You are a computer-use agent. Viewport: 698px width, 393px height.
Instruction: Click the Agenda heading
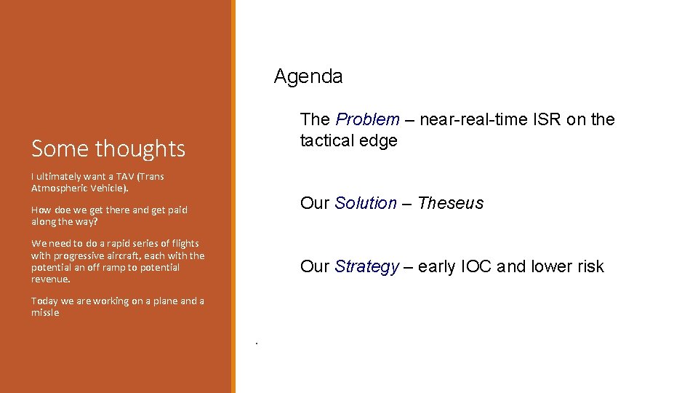[308, 76]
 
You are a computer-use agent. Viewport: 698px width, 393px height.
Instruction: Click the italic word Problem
[367, 119]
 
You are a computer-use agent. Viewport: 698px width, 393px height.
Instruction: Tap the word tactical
[325, 140]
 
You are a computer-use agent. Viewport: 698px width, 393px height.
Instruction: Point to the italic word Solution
[366, 203]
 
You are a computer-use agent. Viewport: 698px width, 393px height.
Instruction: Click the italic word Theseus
[450, 203]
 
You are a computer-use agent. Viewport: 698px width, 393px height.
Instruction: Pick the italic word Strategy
[366, 267]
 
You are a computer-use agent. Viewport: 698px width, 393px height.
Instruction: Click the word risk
[589, 267]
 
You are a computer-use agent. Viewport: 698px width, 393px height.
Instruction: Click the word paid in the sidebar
[177, 210]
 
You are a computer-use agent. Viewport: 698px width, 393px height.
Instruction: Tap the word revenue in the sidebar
[50, 279]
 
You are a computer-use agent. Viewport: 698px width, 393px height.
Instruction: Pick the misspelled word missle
[45, 313]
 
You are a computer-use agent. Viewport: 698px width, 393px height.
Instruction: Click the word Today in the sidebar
[44, 301]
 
